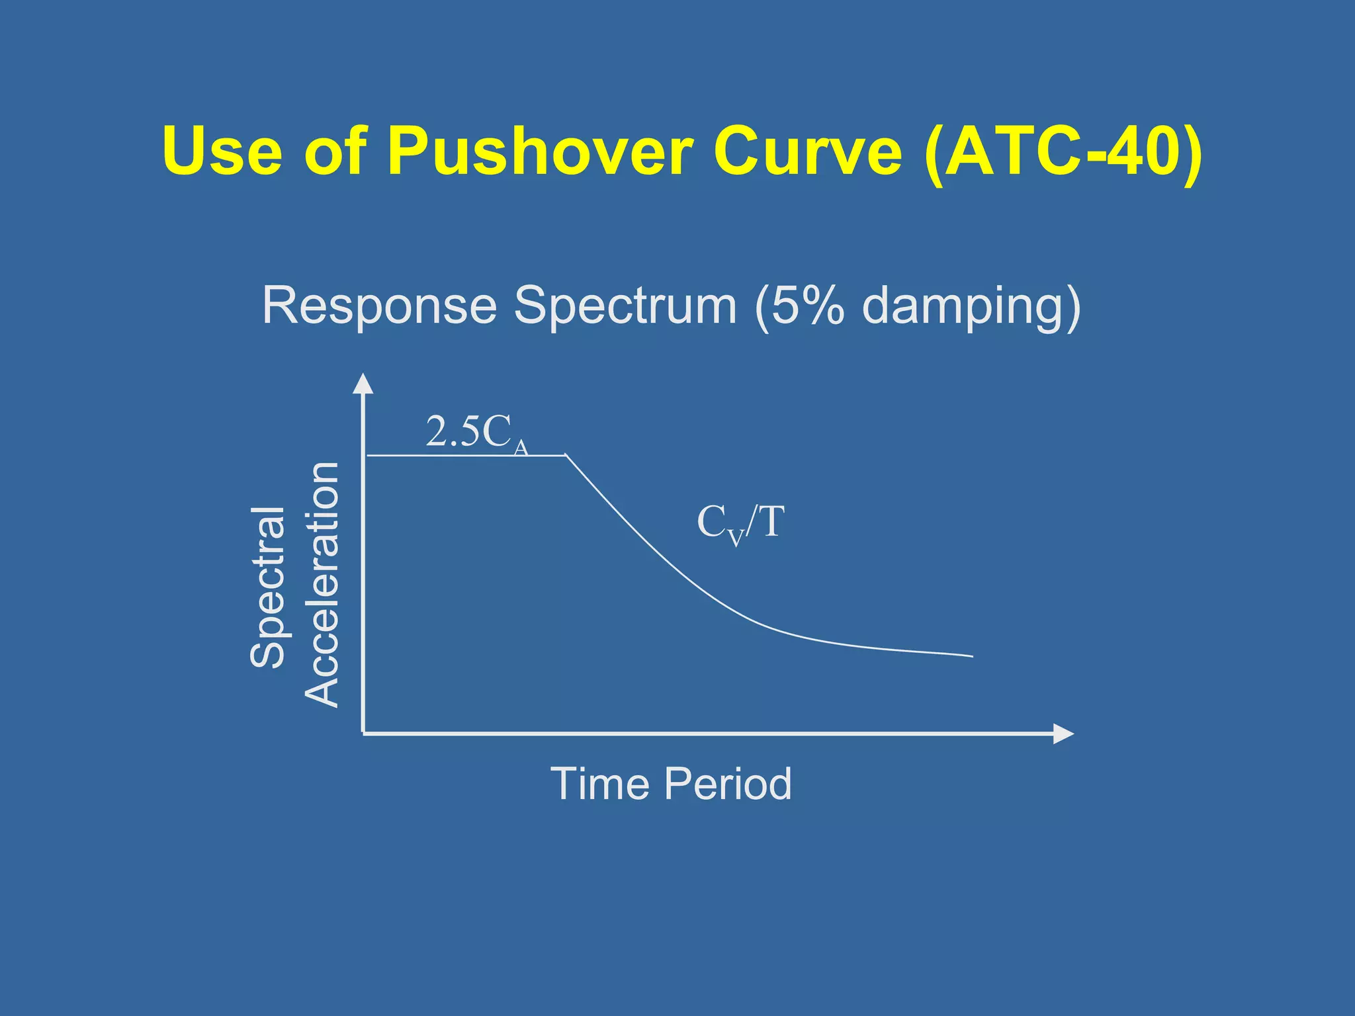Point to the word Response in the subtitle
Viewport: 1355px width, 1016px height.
point(379,306)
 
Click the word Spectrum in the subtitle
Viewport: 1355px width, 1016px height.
point(625,306)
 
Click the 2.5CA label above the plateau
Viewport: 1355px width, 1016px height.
point(476,433)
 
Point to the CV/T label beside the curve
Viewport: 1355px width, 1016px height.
point(740,523)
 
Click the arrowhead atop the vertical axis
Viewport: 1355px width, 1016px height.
point(363,384)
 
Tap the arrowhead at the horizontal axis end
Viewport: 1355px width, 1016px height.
point(1063,734)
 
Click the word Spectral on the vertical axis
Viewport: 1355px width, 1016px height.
point(268,587)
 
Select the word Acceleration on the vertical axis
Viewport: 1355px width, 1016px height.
point(322,585)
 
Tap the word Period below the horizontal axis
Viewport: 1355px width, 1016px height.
point(728,784)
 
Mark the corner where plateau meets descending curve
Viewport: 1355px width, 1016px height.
point(566,455)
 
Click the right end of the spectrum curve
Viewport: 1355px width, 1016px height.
point(971,656)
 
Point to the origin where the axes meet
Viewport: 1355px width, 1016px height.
point(363,733)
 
